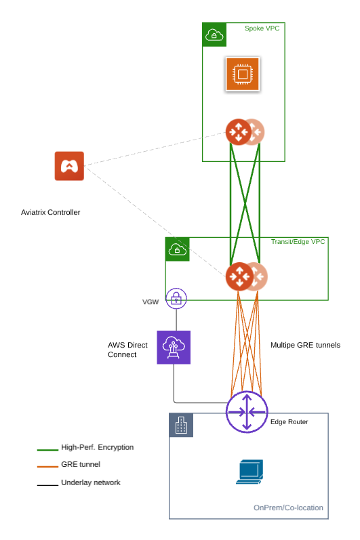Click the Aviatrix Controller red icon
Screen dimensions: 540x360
pos(69,166)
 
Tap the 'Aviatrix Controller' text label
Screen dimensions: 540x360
pos(51,212)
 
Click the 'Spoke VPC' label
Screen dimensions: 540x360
pos(262,28)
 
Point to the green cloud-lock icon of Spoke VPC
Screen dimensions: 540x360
pos(214,35)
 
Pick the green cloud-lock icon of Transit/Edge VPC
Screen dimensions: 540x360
pos(177,249)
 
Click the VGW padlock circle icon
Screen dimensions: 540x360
pos(176,297)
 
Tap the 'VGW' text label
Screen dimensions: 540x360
pos(151,302)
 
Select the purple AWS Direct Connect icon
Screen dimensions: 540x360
pos(174,347)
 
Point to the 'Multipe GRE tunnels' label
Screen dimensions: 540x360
pos(305,345)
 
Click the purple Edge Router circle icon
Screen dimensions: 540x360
pos(247,411)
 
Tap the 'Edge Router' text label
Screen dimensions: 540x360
pos(289,422)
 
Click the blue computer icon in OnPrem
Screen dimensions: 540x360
pos(249,472)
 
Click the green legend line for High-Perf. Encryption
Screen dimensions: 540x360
pos(47,449)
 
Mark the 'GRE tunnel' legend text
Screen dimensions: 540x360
pos(81,465)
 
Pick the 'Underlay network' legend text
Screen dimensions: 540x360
pos(91,482)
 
